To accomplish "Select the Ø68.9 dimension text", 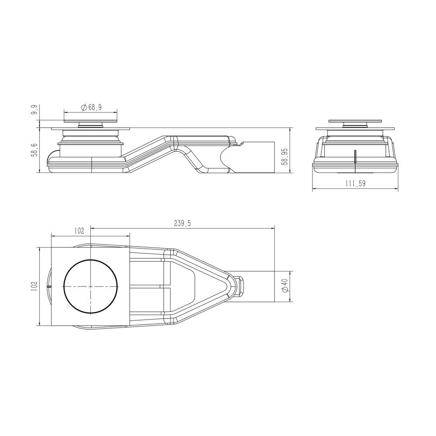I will (91, 107).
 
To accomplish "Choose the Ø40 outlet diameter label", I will (284, 286).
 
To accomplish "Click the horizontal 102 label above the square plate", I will (79, 232).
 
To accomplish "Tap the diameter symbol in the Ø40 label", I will (284, 291).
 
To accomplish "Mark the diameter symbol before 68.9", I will (83, 107).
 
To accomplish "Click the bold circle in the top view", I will (91, 286).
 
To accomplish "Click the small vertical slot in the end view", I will (355, 156).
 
